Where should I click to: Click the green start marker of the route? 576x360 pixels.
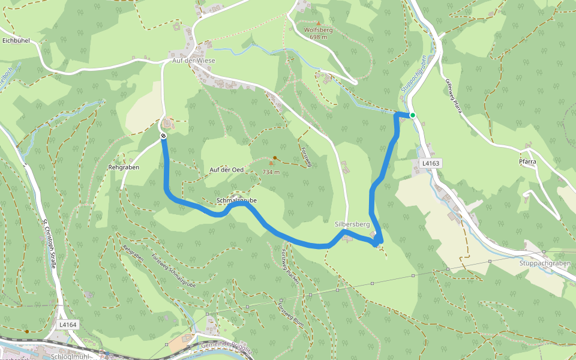[413, 115]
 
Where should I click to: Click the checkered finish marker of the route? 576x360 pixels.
[163, 136]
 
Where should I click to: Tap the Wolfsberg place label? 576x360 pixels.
[319, 29]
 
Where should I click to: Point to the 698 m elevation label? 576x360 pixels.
[319, 37]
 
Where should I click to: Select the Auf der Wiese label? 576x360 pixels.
[193, 61]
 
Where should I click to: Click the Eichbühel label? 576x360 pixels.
[16, 41]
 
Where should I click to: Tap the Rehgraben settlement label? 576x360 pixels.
[124, 167]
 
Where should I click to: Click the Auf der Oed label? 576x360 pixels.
[226, 170]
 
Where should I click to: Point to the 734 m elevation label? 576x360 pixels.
[271, 172]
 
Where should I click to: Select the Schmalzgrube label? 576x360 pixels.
[236, 199]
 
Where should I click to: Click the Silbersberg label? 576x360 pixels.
[352, 224]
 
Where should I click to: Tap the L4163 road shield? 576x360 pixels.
[431, 163]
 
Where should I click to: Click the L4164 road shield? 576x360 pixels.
[68, 325]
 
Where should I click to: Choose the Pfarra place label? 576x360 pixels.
[527, 161]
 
